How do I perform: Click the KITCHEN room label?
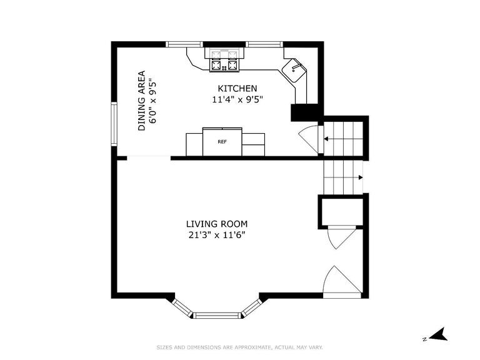(237, 89)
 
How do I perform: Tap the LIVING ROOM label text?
(217, 224)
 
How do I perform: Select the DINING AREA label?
(142, 100)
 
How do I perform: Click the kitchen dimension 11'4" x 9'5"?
(237, 99)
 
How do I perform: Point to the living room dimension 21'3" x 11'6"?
(217, 235)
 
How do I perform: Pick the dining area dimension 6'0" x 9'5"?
(152, 100)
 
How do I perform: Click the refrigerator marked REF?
(222, 142)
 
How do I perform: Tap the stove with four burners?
(224, 61)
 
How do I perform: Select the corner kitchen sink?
(296, 71)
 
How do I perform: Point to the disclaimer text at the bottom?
(239, 347)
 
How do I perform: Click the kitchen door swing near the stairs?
(309, 137)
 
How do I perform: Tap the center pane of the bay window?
(217, 315)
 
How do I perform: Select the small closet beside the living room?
(341, 211)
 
